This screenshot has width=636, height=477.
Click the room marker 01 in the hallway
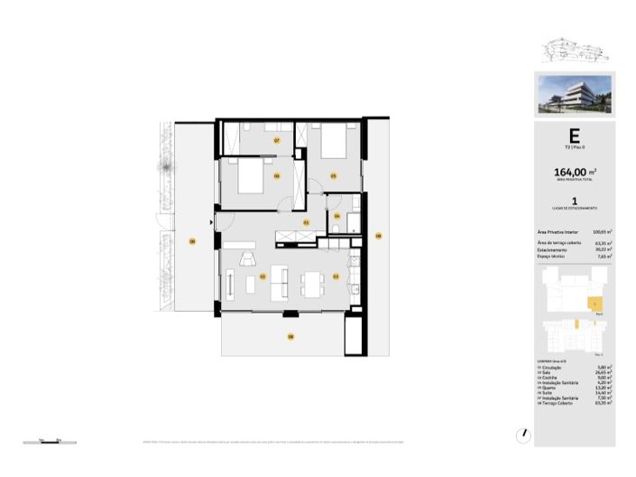tap(306, 222)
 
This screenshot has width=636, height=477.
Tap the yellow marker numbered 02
tap(263, 276)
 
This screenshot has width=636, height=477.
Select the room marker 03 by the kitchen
tap(336, 276)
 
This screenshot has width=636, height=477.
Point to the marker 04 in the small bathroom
tap(336, 217)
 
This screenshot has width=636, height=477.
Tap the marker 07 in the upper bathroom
tap(277, 141)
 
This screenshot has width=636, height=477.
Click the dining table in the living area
tap(313, 284)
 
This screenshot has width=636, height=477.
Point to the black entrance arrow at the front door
tap(212, 220)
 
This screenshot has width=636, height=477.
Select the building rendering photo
tap(574, 95)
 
